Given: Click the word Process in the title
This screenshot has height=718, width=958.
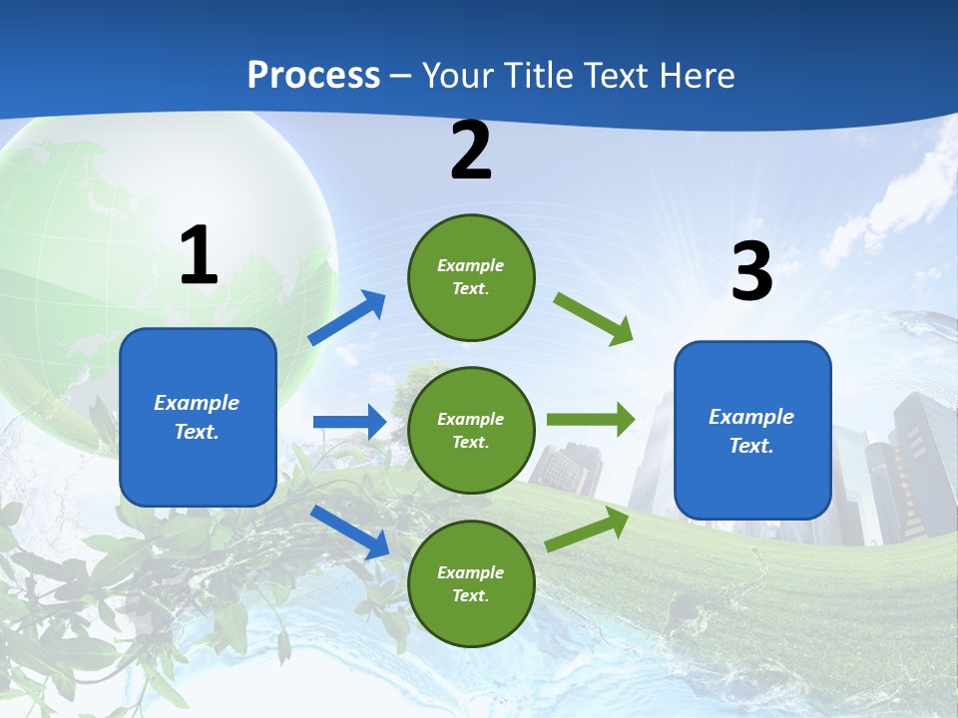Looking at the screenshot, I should tap(313, 75).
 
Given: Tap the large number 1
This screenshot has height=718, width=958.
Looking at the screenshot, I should tap(199, 256).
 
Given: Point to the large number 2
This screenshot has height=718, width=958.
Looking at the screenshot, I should tap(471, 152).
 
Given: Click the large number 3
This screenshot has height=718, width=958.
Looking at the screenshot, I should tap(751, 271).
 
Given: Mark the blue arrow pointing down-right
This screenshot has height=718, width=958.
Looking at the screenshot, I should tap(350, 532).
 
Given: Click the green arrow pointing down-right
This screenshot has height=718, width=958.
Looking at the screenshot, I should tap(594, 319).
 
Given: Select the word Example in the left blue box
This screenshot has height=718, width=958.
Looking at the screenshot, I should tap(197, 403).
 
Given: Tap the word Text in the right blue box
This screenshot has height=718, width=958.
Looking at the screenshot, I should tap(750, 446).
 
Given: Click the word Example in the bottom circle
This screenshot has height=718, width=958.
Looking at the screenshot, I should tap(470, 572).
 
